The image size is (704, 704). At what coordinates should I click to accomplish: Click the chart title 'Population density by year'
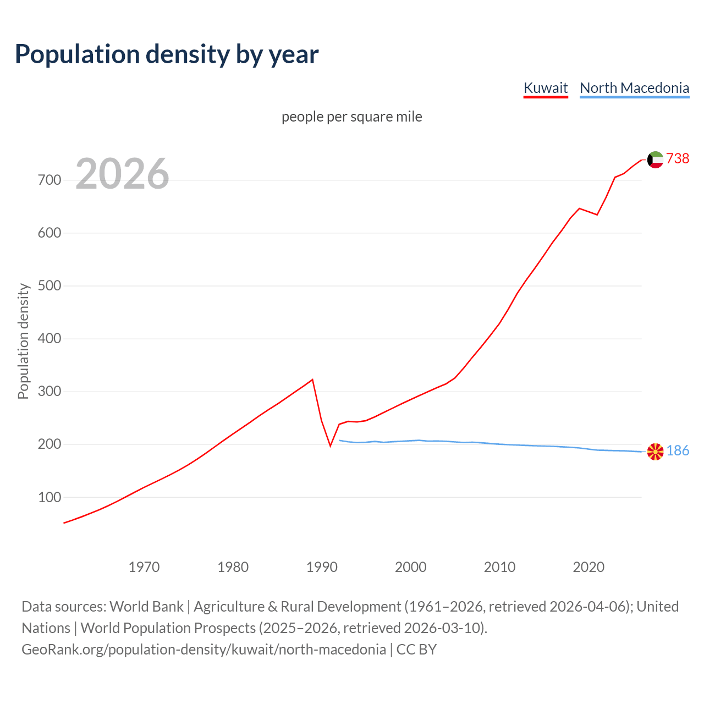coord(167,54)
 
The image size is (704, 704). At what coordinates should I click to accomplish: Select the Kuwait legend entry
coord(545,88)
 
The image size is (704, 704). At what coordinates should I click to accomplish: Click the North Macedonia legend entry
coord(634,88)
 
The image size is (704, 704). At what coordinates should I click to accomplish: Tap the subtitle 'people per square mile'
coord(351,117)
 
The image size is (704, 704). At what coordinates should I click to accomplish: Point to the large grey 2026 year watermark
coord(122,174)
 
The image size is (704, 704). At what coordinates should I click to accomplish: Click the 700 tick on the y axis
coord(50,180)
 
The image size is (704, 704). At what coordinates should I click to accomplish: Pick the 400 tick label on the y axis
coord(50,339)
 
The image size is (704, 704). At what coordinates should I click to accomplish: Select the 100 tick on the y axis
coord(50,497)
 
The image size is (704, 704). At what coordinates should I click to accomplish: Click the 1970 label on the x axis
coord(144,567)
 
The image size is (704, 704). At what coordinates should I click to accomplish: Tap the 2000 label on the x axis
coord(411,567)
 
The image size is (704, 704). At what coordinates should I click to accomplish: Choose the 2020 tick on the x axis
coord(588,567)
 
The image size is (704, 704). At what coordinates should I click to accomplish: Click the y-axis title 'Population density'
coord(23,341)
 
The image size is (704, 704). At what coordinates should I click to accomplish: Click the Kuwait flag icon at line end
coord(655,159)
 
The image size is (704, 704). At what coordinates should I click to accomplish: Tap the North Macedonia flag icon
coord(655,452)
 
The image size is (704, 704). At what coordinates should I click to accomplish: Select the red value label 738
coord(678,159)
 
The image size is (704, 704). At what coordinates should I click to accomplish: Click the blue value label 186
coord(678,451)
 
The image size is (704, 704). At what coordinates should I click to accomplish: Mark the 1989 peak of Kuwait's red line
coord(312,380)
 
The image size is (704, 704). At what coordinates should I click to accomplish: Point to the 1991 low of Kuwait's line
coord(330,446)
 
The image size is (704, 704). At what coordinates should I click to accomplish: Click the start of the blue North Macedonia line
coord(339,440)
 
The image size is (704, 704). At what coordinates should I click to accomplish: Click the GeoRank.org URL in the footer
coord(204,650)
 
